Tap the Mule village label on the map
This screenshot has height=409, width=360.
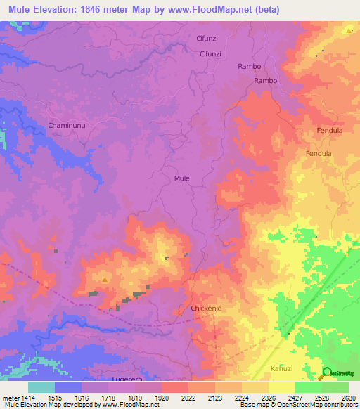point(181,178)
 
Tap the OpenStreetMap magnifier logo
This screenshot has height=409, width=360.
point(328,372)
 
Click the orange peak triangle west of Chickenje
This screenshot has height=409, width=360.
point(105,280)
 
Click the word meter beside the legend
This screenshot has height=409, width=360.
point(10,398)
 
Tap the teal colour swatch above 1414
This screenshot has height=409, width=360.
point(41,387)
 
